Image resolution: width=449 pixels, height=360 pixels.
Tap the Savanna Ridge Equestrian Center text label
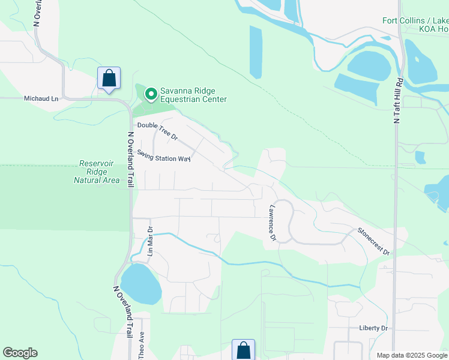[x=193, y=95]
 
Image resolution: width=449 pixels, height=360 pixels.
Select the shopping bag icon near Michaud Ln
[x=109, y=79]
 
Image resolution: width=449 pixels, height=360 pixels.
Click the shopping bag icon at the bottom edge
[x=243, y=350]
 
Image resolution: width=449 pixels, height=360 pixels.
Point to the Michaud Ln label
[x=42, y=98]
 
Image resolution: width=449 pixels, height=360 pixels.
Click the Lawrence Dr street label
[x=272, y=223]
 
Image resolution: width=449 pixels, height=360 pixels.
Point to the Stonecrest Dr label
[x=373, y=241]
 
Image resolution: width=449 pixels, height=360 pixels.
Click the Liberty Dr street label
[x=374, y=328]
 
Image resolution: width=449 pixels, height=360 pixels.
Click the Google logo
[x=20, y=353]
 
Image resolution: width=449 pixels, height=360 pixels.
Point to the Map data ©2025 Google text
[x=411, y=355]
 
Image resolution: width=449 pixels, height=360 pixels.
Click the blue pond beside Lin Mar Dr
[x=140, y=283]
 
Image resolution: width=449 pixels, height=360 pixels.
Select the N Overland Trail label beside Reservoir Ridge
[x=130, y=160]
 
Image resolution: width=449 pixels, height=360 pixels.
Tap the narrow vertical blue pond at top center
[x=256, y=52]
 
